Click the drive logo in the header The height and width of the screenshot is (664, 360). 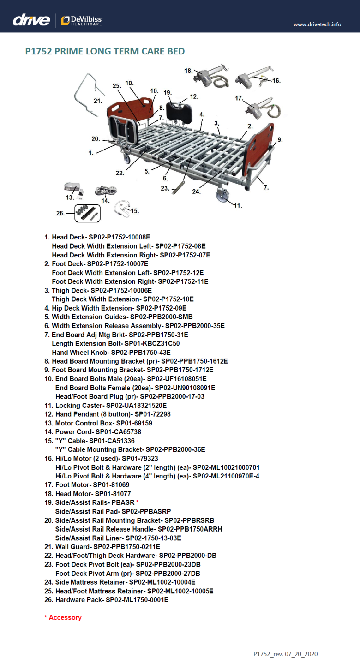pos(31,20)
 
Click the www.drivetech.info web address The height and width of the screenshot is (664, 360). pos(317,24)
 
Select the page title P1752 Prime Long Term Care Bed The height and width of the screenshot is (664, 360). pos(105,52)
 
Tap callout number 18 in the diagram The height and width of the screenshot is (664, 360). pos(188,71)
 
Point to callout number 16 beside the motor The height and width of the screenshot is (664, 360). pos(276,81)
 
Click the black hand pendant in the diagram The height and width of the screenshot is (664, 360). pos(179,111)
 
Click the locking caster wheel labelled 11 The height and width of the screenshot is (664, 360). pos(222,195)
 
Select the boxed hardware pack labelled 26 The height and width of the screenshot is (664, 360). pos(88,213)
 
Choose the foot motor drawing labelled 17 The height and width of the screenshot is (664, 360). pos(259,108)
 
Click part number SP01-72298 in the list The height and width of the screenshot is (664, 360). pos(152,414)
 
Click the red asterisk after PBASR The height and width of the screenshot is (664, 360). pos(137,502)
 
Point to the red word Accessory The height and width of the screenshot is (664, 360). pos(65,617)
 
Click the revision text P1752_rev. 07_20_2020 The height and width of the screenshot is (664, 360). pos(285,654)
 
